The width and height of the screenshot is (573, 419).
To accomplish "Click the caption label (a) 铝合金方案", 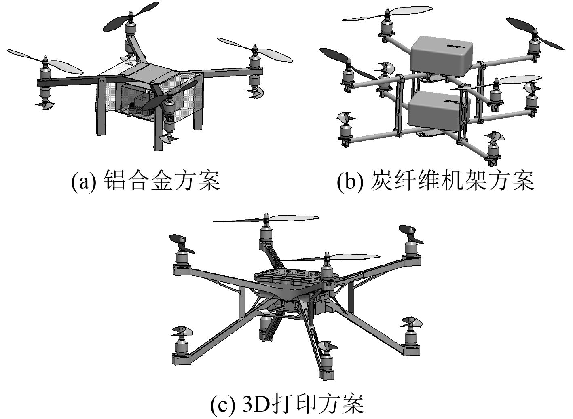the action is click(146, 181).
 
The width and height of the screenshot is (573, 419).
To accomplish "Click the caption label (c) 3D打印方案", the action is click(288, 403).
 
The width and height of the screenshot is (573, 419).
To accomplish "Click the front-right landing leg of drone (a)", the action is click(158, 133).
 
